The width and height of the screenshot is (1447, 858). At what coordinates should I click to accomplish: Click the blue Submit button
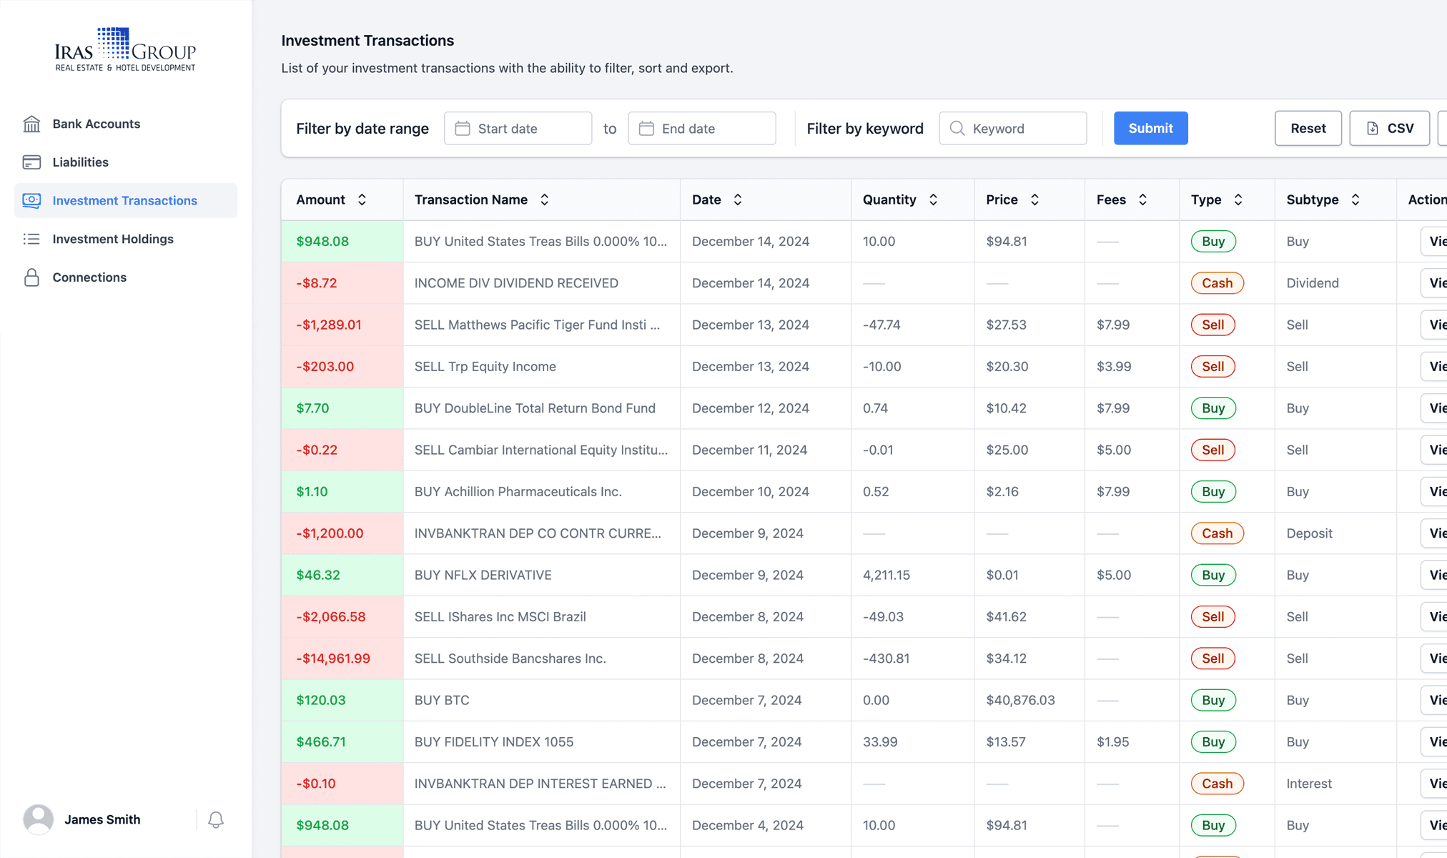pyautogui.click(x=1150, y=128)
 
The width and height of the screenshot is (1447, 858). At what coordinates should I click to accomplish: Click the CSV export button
pyautogui.click(x=1389, y=128)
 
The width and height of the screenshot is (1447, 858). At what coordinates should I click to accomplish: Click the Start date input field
pyautogui.click(x=518, y=128)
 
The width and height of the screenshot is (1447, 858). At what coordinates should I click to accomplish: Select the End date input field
pyautogui.click(x=701, y=128)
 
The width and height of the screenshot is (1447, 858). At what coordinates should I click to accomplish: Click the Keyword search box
pyautogui.click(x=1012, y=128)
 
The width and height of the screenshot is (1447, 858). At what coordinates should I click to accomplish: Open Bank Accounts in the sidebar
pyautogui.click(x=96, y=124)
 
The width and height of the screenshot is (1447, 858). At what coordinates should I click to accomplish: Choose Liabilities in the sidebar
pyautogui.click(x=80, y=162)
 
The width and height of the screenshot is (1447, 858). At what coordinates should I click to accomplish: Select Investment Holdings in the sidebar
pyautogui.click(x=112, y=239)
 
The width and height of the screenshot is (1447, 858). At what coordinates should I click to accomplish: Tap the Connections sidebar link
pyautogui.click(x=89, y=277)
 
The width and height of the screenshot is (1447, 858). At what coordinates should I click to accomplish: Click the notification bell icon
pyautogui.click(x=215, y=819)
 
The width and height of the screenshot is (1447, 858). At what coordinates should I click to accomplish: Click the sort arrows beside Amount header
pyautogui.click(x=362, y=199)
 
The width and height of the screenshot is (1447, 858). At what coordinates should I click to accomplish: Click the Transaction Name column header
pyautogui.click(x=471, y=199)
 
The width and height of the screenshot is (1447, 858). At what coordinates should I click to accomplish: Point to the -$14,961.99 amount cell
pyautogui.click(x=333, y=659)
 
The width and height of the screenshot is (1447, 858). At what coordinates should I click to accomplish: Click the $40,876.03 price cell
pyautogui.click(x=1020, y=700)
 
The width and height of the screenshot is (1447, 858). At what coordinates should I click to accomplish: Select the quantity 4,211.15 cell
pyautogui.click(x=886, y=575)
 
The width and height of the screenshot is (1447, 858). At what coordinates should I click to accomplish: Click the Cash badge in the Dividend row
pyautogui.click(x=1216, y=283)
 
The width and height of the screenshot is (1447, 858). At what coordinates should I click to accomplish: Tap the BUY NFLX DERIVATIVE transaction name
pyautogui.click(x=483, y=575)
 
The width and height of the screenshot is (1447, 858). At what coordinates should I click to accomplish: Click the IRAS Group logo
pyautogui.click(x=125, y=49)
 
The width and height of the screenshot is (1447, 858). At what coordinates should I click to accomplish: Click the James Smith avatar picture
pyautogui.click(x=39, y=819)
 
